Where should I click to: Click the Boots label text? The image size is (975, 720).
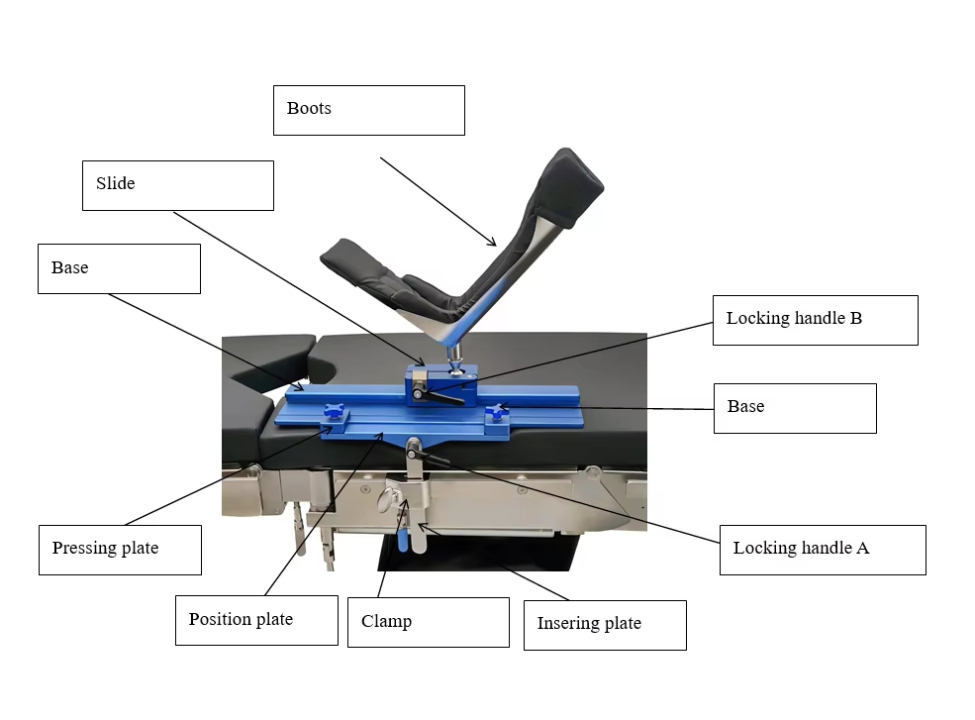[x=309, y=108]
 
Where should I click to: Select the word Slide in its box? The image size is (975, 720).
[x=115, y=183]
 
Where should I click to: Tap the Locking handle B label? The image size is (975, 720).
[x=794, y=318]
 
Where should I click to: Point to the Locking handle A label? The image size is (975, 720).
[x=801, y=548]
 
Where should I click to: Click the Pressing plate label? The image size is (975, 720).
[x=105, y=548]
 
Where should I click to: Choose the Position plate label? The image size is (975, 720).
[x=241, y=619]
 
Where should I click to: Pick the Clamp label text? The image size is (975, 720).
[x=386, y=621]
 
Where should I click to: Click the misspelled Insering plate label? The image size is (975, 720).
[x=589, y=623]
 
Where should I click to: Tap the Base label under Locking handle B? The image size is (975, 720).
[x=745, y=406]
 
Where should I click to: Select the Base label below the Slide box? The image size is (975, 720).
[x=69, y=267]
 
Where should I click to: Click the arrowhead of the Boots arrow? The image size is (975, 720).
[x=493, y=242]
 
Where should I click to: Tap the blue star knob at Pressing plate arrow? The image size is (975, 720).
[x=334, y=415]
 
